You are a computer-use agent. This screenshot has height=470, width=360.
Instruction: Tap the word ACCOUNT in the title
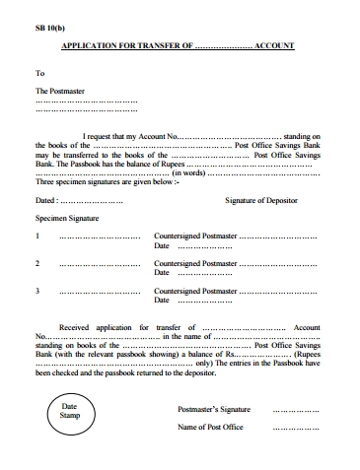[276, 47]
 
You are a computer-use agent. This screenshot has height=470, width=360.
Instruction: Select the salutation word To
[40, 73]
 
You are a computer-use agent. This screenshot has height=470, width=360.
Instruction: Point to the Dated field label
[46, 200]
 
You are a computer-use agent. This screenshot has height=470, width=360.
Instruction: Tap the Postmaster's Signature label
[214, 409]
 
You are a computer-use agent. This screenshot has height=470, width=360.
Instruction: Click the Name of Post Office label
[210, 428]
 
